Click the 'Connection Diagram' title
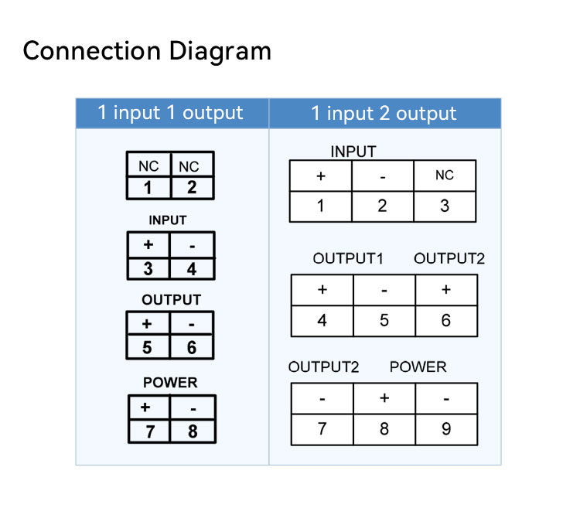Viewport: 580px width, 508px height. click(147, 51)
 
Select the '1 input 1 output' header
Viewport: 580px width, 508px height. click(170, 113)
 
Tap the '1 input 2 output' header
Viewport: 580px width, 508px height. click(384, 113)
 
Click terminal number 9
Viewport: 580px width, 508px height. click(446, 429)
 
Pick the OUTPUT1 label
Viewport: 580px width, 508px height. click(348, 258)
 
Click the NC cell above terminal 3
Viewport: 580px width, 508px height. click(444, 176)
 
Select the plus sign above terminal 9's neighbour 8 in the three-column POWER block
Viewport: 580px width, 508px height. click(384, 398)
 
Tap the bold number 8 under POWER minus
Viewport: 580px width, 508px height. click(193, 431)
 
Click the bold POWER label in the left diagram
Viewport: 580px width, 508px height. click(170, 383)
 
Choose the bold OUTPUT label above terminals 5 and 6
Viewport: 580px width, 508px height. click(171, 300)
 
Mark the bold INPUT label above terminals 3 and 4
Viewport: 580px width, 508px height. click(168, 220)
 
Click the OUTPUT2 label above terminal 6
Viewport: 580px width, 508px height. click(449, 258)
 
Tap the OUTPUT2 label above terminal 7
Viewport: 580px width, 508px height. click(324, 367)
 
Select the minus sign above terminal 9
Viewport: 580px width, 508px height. click(446, 399)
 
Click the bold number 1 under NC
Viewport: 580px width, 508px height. click(148, 187)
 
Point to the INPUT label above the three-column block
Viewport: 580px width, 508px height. click(353, 152)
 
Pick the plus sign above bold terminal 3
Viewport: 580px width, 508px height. click(148, 244)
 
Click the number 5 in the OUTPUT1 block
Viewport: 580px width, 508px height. click(384, 320)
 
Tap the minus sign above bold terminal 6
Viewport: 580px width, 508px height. click(191, 325)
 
